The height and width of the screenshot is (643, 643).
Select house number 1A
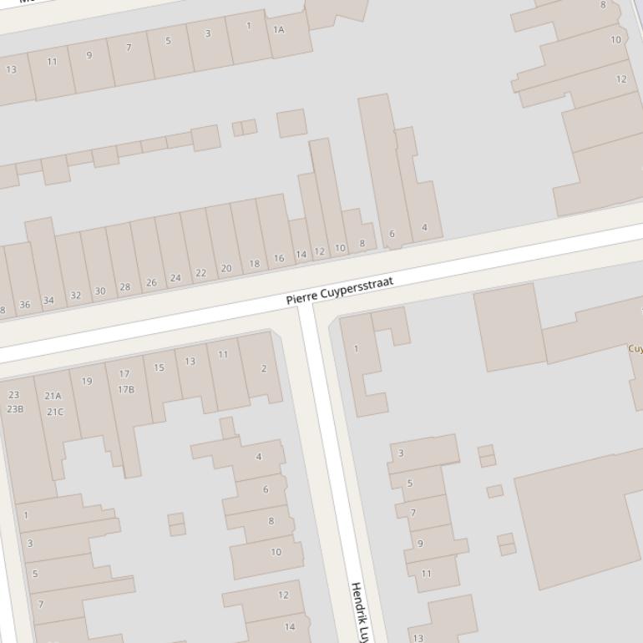point(279,30)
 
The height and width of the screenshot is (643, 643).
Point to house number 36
point(24,305)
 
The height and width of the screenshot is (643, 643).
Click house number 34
point(48,301)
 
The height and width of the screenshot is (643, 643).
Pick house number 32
point(76,296)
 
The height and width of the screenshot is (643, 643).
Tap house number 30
point(100,291)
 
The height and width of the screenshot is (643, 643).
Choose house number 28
point(125,287)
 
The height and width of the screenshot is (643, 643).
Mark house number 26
point(151,283)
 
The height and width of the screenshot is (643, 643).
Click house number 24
point(175,278)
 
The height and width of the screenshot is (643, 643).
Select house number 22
point(200,273)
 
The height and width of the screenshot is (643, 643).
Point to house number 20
point(226,269)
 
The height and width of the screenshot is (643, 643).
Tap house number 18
point(255,264)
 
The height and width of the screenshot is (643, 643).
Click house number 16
point(279,259)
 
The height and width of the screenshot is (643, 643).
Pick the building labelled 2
point(264,368)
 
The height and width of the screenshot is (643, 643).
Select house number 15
point(159,367)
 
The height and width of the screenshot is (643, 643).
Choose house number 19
point(87,382)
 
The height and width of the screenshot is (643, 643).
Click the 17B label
point(126,389)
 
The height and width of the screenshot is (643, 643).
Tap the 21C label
point(55,412)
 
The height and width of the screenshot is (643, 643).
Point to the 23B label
point(15,409)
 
